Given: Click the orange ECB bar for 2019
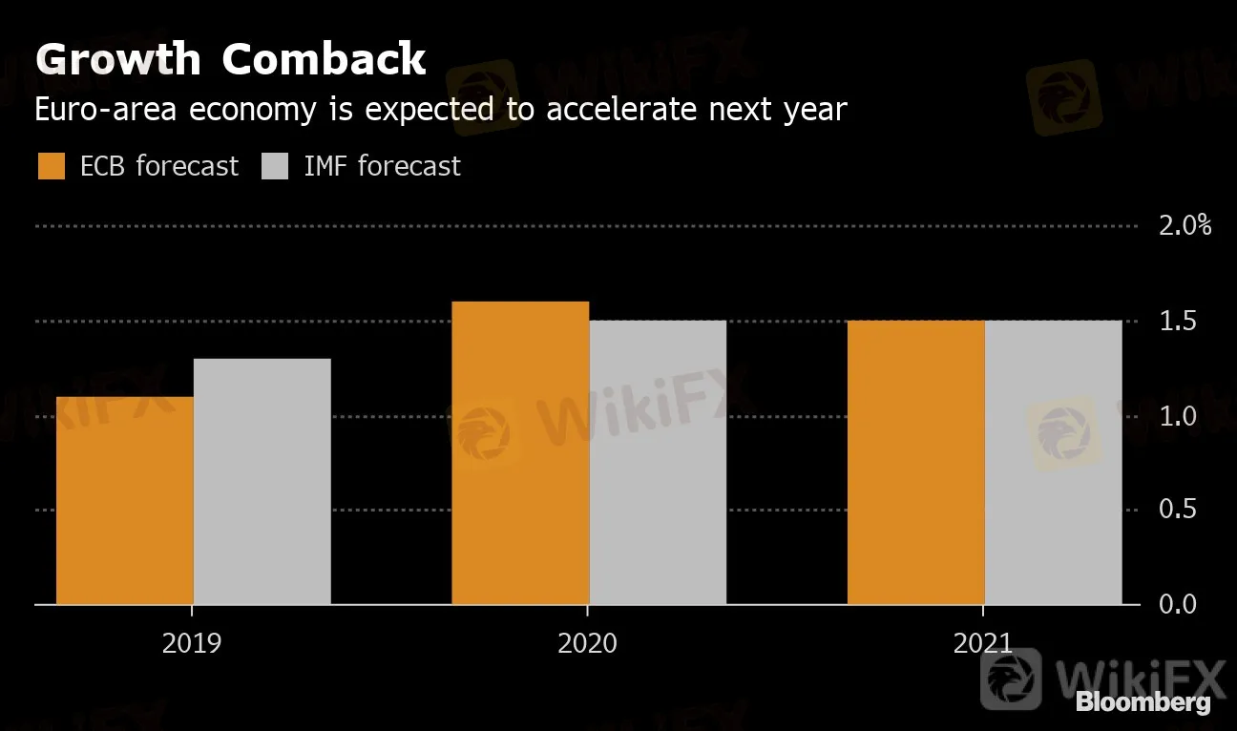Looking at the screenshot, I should pyautogui.click(x=125, y=500).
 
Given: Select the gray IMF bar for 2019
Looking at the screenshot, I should pyautogui.click(x=262, y=481).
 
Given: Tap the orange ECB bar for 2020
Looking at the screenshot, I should pyautogui.click(x=520, y=452).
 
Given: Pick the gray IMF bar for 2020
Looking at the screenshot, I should pyautogui.click(x=658, y=462).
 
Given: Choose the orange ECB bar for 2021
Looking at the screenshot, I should pyautogui.click(x=916, y=462).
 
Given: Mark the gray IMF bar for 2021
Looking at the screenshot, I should pyautogui.click(x=1054, y=462).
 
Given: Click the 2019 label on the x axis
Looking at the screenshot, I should pyautogui.click(x=192, y=642).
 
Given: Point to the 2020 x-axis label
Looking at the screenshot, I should pyautogui.click(x=588, y=642).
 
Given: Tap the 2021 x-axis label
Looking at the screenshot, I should pyautogui.click(x=983, y=642).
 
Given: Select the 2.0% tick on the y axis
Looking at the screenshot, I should pyautogui.click(x=1185, y=226).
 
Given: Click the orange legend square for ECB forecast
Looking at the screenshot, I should pyautogui.click(x=52, y=166).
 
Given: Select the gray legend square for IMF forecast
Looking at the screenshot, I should pyautogui.click(x=275, y=166).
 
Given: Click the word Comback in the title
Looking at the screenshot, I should pyautogui.click(x=324, y=60).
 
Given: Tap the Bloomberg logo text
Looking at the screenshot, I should pyautogui.click(x=1143, y=702).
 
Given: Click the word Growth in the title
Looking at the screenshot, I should pyautogui.click(x=118, y=60).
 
